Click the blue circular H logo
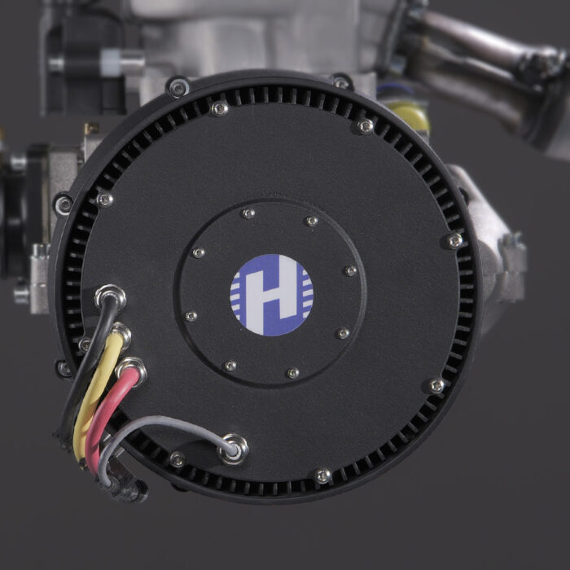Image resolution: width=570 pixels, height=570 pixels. coord(271,295)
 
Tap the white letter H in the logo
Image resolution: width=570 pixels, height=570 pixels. coord(272,295)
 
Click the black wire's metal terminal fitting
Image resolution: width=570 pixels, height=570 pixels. coord(110,296)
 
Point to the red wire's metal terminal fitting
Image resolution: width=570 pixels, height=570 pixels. coord(132,370)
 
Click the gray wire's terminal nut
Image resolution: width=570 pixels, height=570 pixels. coord(233,449)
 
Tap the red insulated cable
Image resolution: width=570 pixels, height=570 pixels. coord(107,418)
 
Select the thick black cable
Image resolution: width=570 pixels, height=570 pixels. coord(84,367)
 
